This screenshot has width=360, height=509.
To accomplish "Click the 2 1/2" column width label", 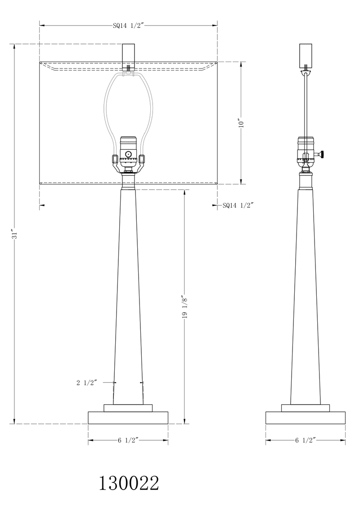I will (86, 383).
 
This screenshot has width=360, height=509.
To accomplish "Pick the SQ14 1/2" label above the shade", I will (127, 26).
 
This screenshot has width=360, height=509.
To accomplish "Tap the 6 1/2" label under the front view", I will (128, 441).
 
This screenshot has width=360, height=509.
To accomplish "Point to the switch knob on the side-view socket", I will (322, 155).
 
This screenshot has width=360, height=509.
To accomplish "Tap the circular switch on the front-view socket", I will (129, 154).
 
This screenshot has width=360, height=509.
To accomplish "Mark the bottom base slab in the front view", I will (128, 417).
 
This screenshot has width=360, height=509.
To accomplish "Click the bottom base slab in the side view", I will (306, 417).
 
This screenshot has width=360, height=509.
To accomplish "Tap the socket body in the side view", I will (306, 151).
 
